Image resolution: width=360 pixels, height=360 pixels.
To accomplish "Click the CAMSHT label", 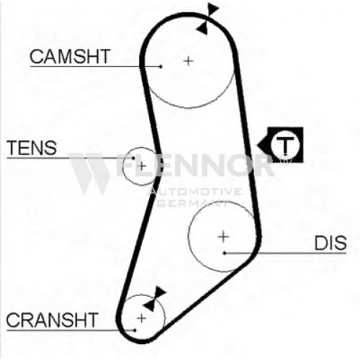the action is click(x=70, y=56).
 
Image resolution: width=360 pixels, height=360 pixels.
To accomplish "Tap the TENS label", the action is click(x=32, y=148).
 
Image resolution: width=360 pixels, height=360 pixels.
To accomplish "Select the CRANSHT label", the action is click(x=52, y=320).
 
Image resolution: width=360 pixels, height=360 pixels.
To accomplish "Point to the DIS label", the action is click(x=330, y=243).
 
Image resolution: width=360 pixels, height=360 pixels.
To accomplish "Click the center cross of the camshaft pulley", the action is click(x=189, y=61).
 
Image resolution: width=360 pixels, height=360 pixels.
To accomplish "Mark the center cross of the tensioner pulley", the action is click(x=142, y=166).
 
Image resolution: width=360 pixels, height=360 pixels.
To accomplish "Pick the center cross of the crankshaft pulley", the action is click(x=142, y=318).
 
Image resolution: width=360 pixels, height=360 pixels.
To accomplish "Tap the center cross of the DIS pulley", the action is click(x=223, y=237).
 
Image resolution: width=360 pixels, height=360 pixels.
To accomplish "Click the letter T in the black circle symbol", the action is click(x=285, y=145).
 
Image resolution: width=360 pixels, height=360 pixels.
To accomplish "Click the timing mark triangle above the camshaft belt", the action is click(x=213, y=9).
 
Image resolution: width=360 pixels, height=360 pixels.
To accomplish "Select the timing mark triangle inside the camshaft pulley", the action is click(x=202, y=28).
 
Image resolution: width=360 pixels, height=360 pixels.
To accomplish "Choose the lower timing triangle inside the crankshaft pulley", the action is click(x=149, y=305).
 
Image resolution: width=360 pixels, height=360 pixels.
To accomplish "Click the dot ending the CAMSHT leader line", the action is click(x=161, y=66).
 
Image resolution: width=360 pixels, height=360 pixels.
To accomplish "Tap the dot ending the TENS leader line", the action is click(x=133, y=158).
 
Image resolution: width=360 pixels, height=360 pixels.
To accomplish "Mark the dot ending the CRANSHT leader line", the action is click(x=135, y=330).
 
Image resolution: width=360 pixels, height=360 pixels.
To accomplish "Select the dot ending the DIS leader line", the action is click(x=225, y=253).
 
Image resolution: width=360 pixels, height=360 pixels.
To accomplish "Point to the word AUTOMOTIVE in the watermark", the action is click(x=195, y=192).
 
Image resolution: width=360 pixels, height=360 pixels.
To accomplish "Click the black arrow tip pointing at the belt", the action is click(x=258, y=145).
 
